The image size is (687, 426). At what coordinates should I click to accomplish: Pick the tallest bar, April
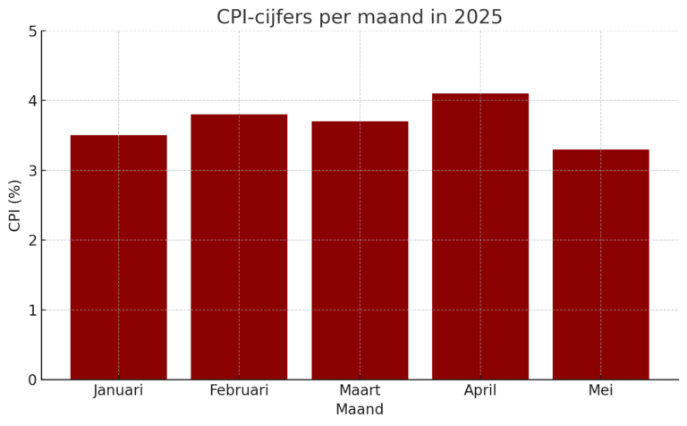tap(480, 236)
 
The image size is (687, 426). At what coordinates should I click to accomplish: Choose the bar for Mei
tap(600, 265)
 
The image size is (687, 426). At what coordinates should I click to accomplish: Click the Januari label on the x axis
tap(118, 390)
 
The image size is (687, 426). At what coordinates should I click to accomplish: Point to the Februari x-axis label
tap(239, 390)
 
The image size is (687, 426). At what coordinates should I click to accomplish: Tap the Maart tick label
tap(360, 390)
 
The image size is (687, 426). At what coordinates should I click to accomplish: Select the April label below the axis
tap(480, 391)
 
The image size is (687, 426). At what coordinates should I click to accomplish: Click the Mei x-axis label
tap(600, 390)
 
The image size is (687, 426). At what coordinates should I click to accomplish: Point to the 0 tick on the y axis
tap(31, 380)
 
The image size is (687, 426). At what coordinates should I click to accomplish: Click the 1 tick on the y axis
tap(31, 311)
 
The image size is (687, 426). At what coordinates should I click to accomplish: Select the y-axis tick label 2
tap(31, 241)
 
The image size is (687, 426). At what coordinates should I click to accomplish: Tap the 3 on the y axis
tap(31, 171)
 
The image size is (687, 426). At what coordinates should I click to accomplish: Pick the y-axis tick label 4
tap(31, 101)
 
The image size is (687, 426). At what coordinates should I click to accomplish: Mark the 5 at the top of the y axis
tap(31, 31)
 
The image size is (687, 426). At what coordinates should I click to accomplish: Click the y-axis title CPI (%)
tap(14, 206)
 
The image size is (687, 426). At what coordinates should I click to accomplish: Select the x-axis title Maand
tap(360, 410)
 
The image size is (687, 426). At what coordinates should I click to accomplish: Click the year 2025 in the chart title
tap(478, 17)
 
